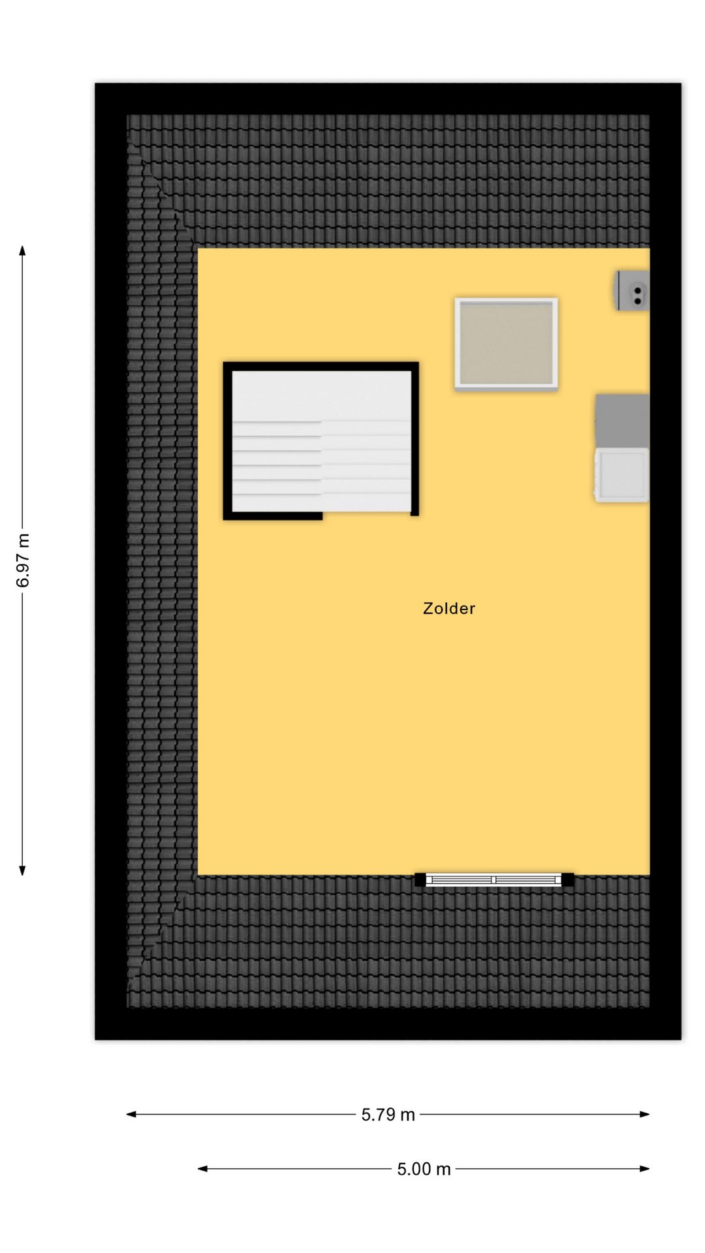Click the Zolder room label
point(449,608)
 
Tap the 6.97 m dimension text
point(23,561)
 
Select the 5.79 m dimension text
point(388,1115)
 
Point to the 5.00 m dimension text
point(424,1169)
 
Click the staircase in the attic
point(321,441)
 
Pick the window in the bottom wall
point(494,880)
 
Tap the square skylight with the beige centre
point(506,344)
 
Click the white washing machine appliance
point(621,475)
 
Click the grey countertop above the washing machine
point(622,420)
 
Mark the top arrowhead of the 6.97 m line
point(22,250)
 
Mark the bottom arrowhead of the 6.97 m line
point(22,871)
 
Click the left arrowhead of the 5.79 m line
point(131,1114)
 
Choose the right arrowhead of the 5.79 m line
point(645,1114)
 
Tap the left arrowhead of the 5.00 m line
point(202,1168)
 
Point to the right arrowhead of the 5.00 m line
point(645,1168)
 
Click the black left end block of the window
point(420,880)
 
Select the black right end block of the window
point(568,880)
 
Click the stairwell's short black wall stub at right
point(415,513)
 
